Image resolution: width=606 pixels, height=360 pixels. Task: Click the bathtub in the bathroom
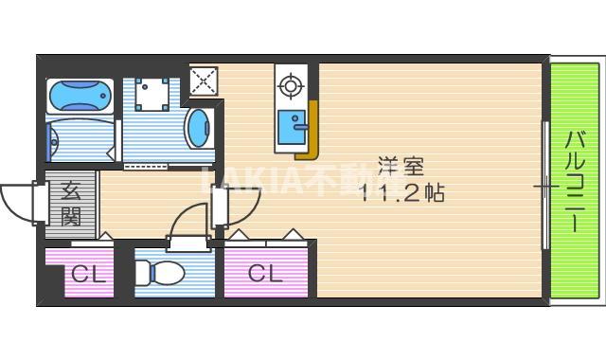point(80,96)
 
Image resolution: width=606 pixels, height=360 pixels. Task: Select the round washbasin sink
point(198,129)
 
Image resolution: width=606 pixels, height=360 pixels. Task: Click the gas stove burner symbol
point(289,88)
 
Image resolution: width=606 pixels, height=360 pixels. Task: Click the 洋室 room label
point(401,166)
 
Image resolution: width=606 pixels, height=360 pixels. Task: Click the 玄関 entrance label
point(71,204)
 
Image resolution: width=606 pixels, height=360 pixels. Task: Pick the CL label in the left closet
point(87,276)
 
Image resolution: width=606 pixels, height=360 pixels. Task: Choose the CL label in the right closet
point(265,275)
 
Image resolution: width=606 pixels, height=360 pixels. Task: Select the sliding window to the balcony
point(545,186)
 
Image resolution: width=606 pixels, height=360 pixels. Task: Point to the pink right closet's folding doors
point(266,236)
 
